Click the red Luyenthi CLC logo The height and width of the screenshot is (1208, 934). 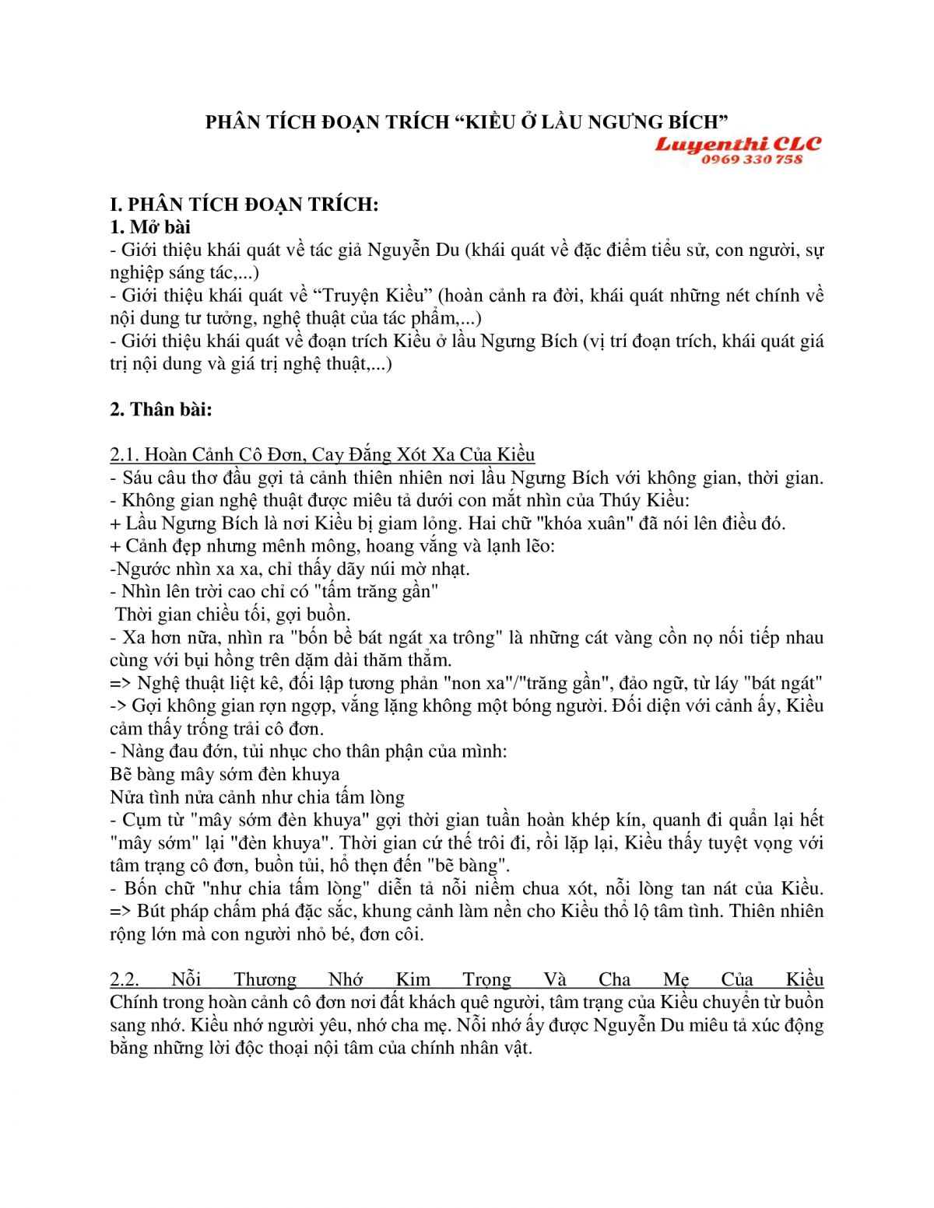(x=737, y=145)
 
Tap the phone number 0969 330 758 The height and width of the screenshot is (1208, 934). (x=751, y=159)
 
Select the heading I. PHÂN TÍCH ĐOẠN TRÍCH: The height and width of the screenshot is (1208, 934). (x=244, y=205)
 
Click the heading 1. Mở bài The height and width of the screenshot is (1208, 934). (x=150, y=227)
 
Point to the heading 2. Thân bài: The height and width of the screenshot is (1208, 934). (x=161, y=409)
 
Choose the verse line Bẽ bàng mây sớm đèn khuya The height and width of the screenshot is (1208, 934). (x=225, y=774)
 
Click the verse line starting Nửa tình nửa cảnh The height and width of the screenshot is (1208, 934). (x=257, y=797)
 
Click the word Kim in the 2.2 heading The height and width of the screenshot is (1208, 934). (x=413, y=979)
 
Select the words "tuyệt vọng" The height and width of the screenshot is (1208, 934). (x=750, y=842)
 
